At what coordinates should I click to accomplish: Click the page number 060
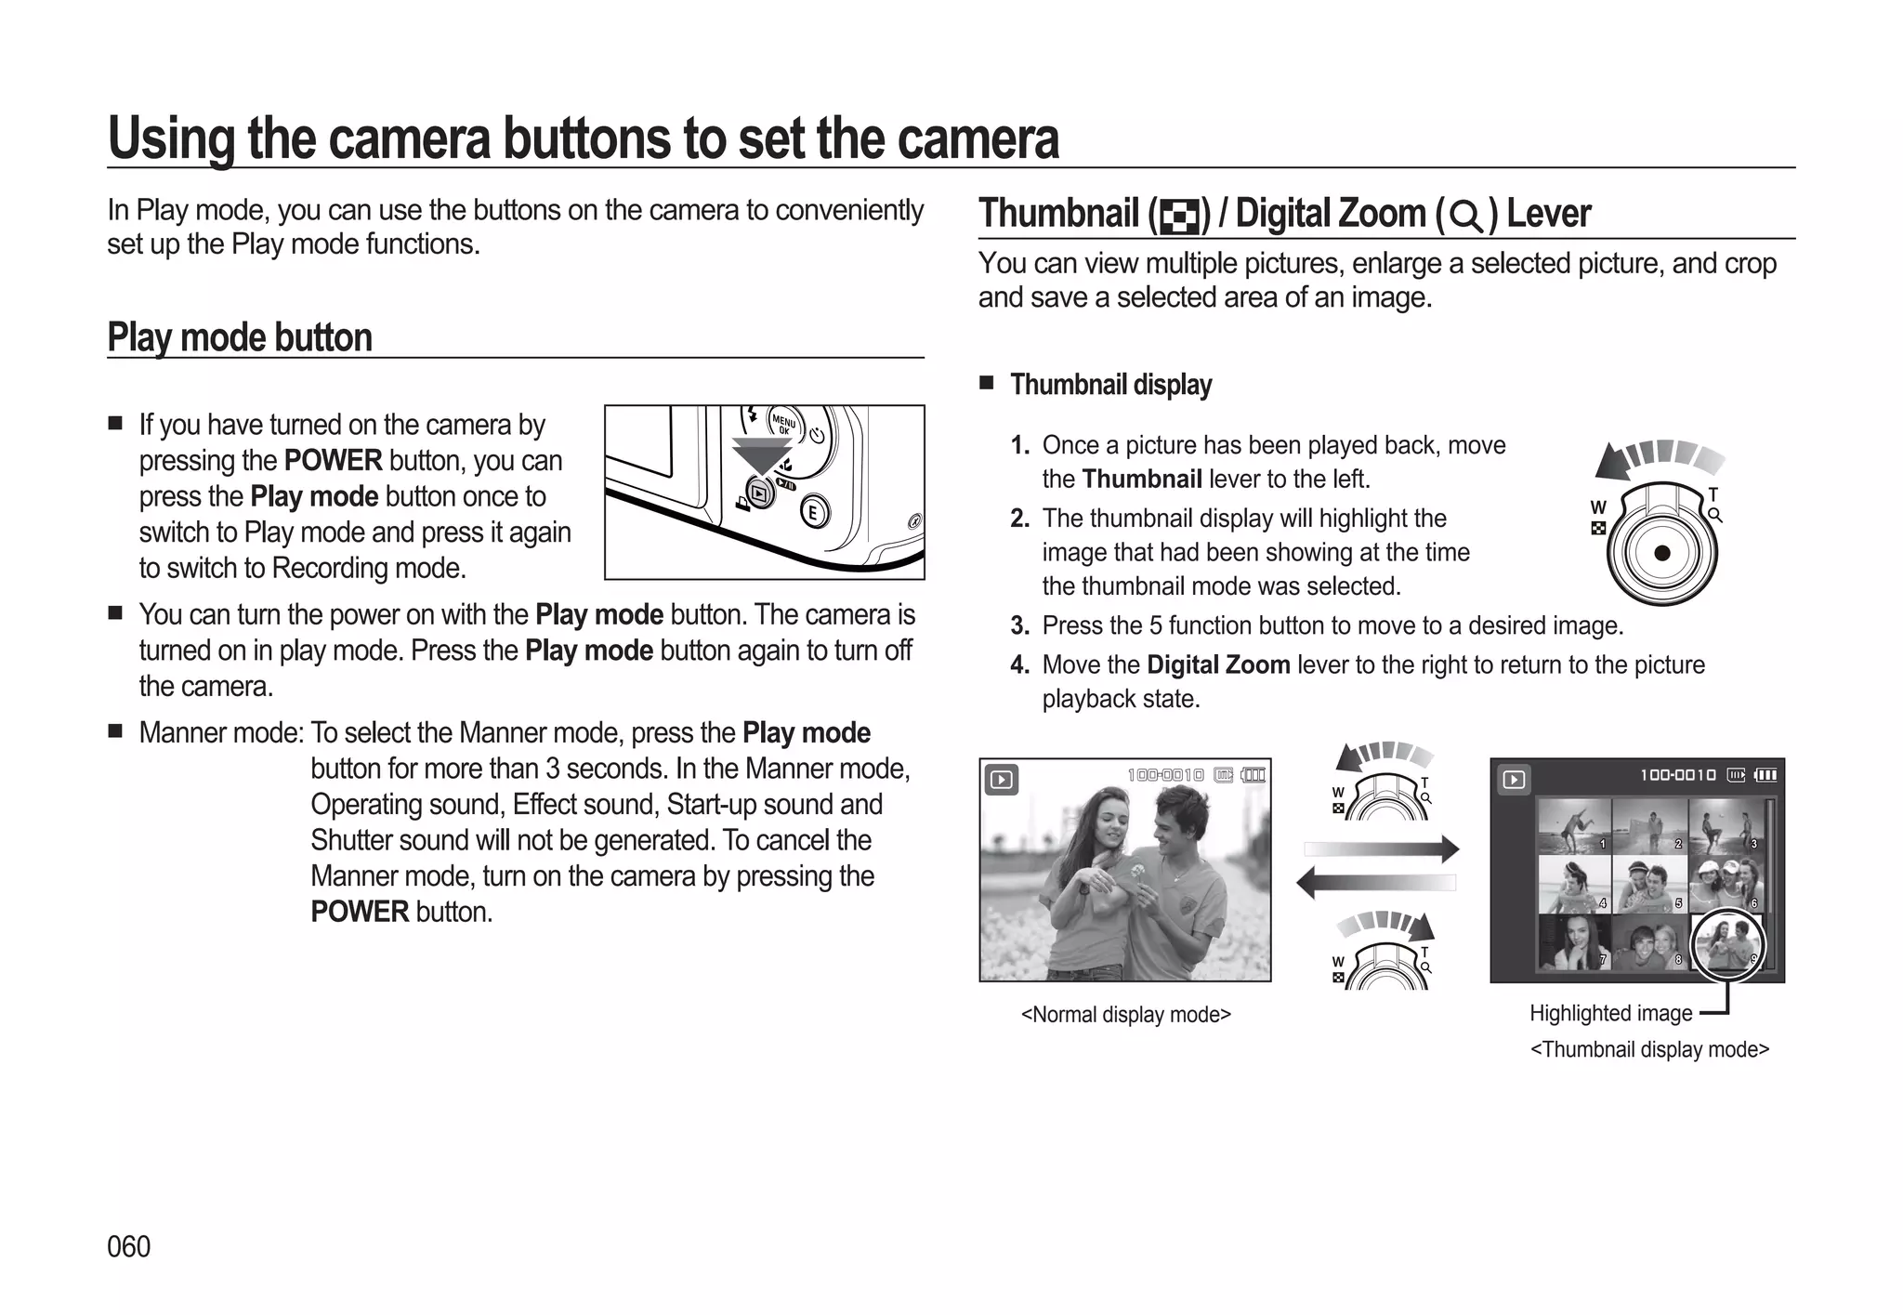128,1246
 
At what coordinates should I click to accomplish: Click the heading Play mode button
240,337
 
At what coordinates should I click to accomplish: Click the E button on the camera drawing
814,512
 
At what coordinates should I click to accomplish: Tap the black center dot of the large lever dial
1662,553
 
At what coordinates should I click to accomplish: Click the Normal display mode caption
1125,1014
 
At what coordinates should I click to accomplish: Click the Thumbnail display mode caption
1649,1049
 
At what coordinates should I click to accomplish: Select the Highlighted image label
1610,1013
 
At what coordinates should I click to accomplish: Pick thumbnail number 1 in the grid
1573,825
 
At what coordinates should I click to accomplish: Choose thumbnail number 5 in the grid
1648,884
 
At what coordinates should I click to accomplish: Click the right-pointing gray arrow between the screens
1382,848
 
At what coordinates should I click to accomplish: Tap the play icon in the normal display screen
1001,780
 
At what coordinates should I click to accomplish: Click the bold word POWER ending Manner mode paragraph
360,912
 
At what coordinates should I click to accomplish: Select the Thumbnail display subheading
1110,385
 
